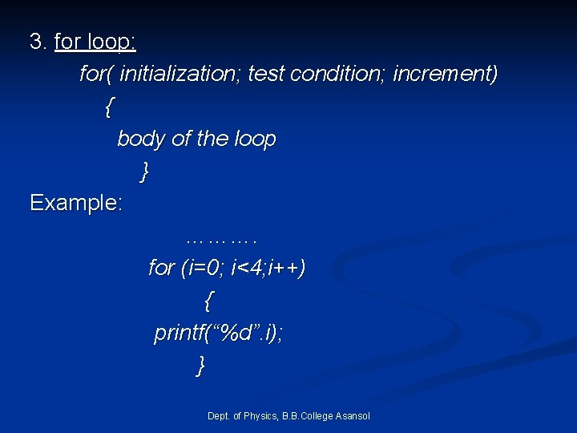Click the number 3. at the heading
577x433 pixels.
[38, 42]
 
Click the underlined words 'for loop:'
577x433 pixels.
[95, 42]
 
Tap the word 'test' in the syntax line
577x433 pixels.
[265, 75]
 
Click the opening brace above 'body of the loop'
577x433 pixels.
[110, 107]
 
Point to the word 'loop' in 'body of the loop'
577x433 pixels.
[255, 140]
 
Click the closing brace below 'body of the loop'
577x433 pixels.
[144, 171]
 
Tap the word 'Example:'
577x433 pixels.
[76, 203]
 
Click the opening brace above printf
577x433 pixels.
[209, 301]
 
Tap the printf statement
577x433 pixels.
[218, 334]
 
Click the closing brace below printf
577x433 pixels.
[201, 366]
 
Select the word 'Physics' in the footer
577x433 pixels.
[260, 415]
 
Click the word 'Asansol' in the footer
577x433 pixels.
[352, 415]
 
